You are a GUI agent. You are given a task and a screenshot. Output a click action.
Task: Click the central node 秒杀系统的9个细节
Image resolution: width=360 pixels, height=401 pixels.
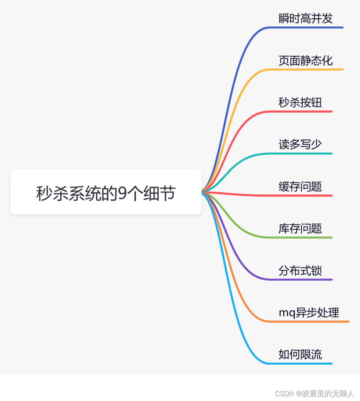(x=106, y=192)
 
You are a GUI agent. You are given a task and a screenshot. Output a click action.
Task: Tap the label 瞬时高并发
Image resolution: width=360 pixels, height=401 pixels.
(x=305, y=18)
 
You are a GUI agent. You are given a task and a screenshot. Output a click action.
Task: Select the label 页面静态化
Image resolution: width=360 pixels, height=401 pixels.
(x=305, y=60)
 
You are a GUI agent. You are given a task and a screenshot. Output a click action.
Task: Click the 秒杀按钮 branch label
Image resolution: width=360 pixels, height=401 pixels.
(x=300, y=102)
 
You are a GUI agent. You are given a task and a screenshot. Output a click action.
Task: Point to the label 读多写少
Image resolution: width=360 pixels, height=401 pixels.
(x=300, y=144)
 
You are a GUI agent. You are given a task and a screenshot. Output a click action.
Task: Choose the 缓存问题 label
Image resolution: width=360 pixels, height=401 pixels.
(x=300, y=186)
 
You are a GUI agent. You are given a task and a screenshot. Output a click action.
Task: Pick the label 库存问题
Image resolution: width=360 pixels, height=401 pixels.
(x=300, y=228)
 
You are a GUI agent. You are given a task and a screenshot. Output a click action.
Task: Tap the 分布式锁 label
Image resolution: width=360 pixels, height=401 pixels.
(x=300, y=270)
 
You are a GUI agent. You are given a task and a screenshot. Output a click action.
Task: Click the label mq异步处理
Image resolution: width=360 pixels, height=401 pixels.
(x=309, y=312)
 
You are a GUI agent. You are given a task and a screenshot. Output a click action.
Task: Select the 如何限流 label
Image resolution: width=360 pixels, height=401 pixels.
(x=300, y=354)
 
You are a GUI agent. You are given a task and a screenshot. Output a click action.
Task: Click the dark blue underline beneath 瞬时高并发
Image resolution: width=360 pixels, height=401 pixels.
(x=307, y=27)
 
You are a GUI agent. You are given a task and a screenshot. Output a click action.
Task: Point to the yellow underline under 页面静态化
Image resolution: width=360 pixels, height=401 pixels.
(x=307, y=69)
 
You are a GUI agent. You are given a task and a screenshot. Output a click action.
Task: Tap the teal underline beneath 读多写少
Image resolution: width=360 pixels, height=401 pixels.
(x=303, y=154)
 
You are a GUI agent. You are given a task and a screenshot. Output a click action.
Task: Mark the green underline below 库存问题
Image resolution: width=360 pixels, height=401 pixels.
(x=303, y=237)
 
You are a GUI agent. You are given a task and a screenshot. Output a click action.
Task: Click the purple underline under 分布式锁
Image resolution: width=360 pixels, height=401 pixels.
(x=303, y=279)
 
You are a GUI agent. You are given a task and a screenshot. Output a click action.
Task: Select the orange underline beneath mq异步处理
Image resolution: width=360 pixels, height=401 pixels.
(x=311, y=321)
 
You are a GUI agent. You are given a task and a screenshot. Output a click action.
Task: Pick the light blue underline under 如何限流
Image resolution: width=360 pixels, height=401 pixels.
(x=303, y=363)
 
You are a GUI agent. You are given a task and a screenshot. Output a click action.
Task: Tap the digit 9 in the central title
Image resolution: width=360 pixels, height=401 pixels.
(x=122, y=194)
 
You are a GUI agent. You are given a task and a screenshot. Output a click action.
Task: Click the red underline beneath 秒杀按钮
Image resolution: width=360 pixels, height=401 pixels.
(x=303, y=112)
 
